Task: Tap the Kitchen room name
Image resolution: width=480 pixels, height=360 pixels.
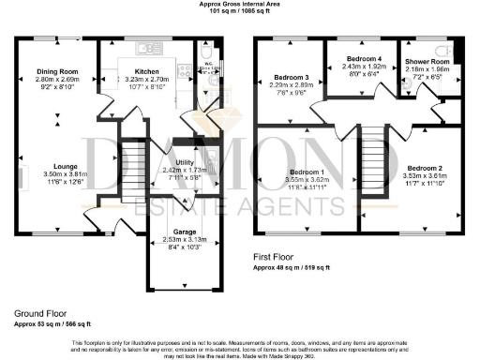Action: tap(146, 71)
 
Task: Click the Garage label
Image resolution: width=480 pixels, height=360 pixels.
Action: tap(182, 231)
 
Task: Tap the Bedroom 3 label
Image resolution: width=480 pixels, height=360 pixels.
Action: tap(291, 78)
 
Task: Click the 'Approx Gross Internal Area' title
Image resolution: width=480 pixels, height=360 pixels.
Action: tap(239, 5)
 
